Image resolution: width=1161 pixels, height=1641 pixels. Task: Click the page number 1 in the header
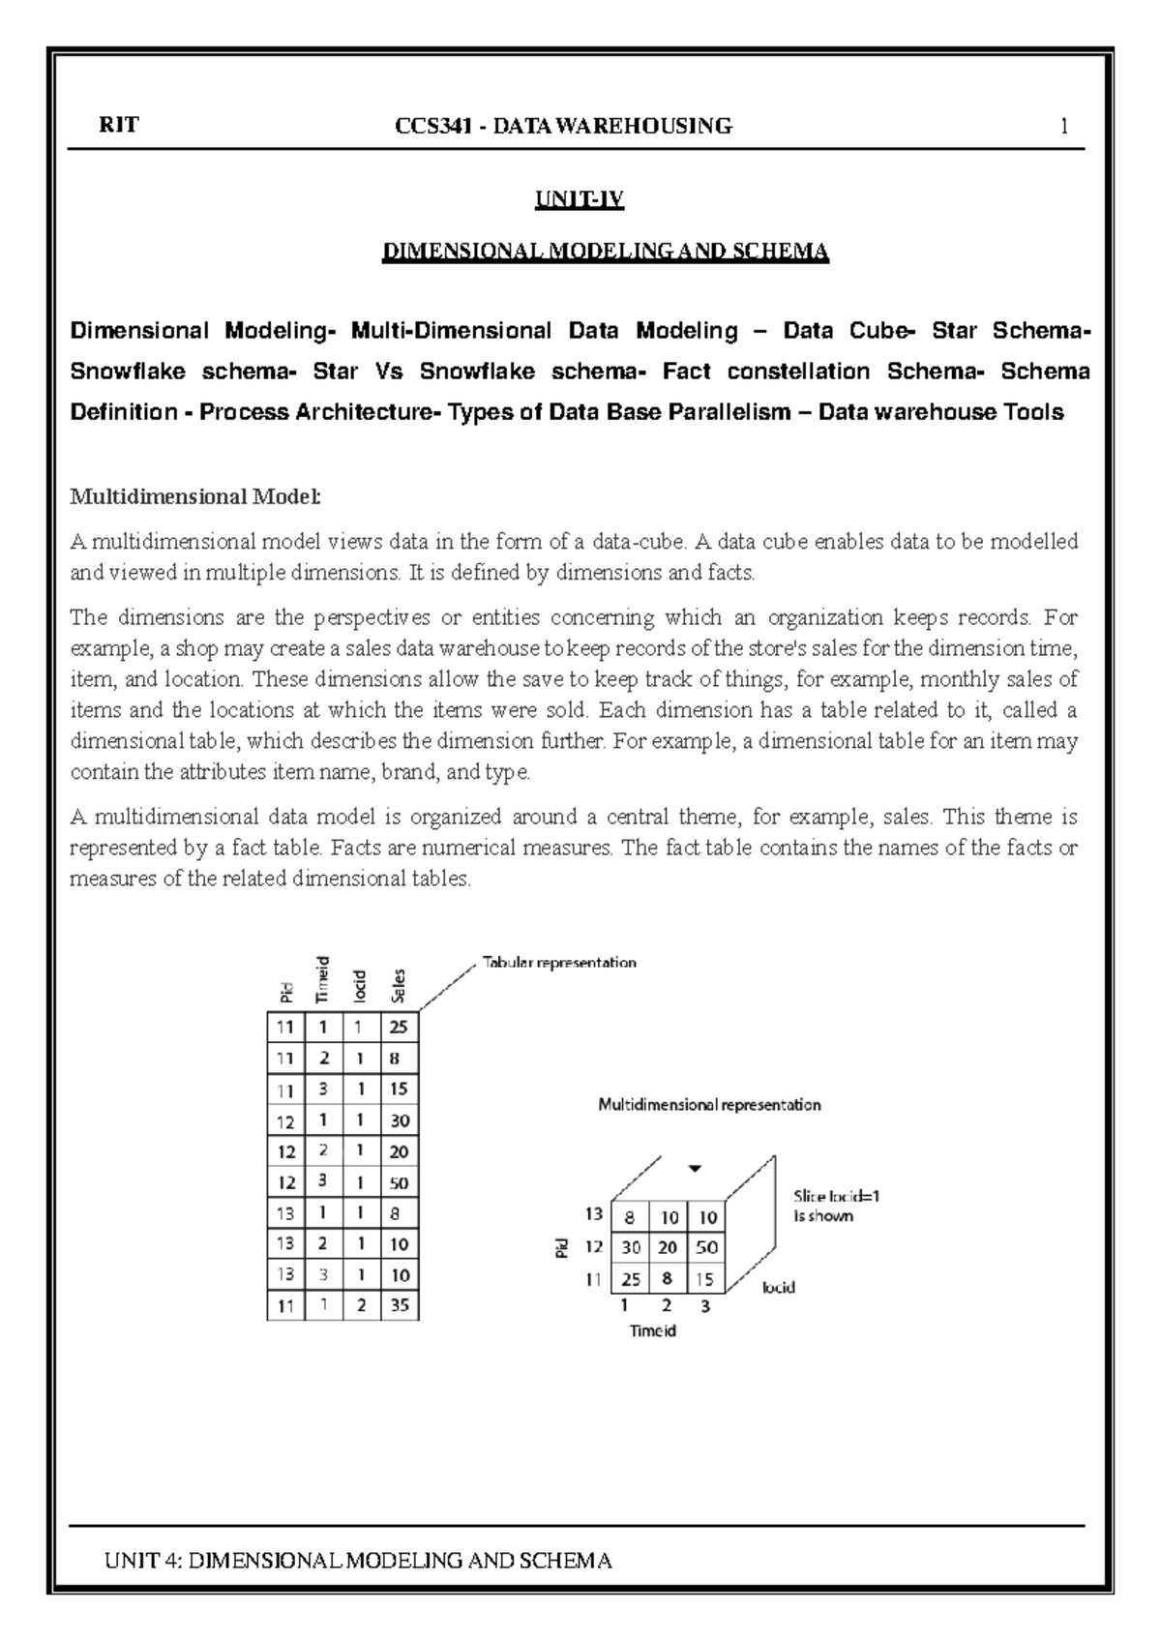point(1064,127)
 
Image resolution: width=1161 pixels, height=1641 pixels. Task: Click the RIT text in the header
point(119,126)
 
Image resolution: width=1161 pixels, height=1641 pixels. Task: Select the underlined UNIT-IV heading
point(580,201)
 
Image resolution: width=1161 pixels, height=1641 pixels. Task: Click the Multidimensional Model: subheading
point(194,497)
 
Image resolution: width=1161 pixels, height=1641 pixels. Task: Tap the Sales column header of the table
point(399,986)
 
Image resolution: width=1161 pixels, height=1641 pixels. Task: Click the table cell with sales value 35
point(400,1305)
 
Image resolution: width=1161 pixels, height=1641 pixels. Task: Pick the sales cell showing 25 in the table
point(400,1028)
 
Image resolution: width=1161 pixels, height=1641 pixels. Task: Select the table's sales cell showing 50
point(400,1182)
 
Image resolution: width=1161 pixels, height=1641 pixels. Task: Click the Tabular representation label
point(559,963)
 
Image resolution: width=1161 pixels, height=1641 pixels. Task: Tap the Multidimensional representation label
point(709,1104)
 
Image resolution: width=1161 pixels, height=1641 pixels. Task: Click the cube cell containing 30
point(631,1247)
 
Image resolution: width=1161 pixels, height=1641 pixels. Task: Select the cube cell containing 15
point(704,1279)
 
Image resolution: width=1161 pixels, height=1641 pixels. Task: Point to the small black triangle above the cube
point(694,1168)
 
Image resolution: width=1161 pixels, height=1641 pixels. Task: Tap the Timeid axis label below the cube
point(653,1330)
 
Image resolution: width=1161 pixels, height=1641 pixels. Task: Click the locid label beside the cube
point(779,1288)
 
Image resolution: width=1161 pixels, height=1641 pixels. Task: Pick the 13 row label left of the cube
point(594,1213)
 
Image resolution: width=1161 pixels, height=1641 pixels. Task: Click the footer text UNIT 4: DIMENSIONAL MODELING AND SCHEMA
point(359,1561)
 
